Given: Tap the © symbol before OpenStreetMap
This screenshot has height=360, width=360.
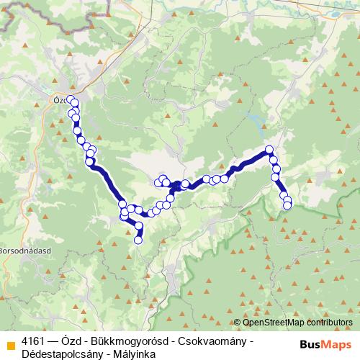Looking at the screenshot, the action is point(238,322).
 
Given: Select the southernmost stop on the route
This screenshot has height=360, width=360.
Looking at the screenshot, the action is point(139,240).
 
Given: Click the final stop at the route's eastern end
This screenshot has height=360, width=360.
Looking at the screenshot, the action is point(287,206).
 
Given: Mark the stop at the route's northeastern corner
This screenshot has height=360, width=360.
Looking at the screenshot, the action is point(269,150).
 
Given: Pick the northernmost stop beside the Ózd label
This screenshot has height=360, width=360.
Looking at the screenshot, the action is point(70,99).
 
